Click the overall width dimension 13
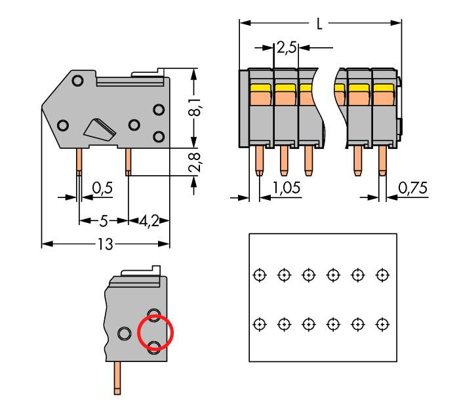point(105,244)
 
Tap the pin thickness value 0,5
point(102,188)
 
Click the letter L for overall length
point(319,24)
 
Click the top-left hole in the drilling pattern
point(260,274)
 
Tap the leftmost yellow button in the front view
point(260,87)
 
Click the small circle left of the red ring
point(124,333)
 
